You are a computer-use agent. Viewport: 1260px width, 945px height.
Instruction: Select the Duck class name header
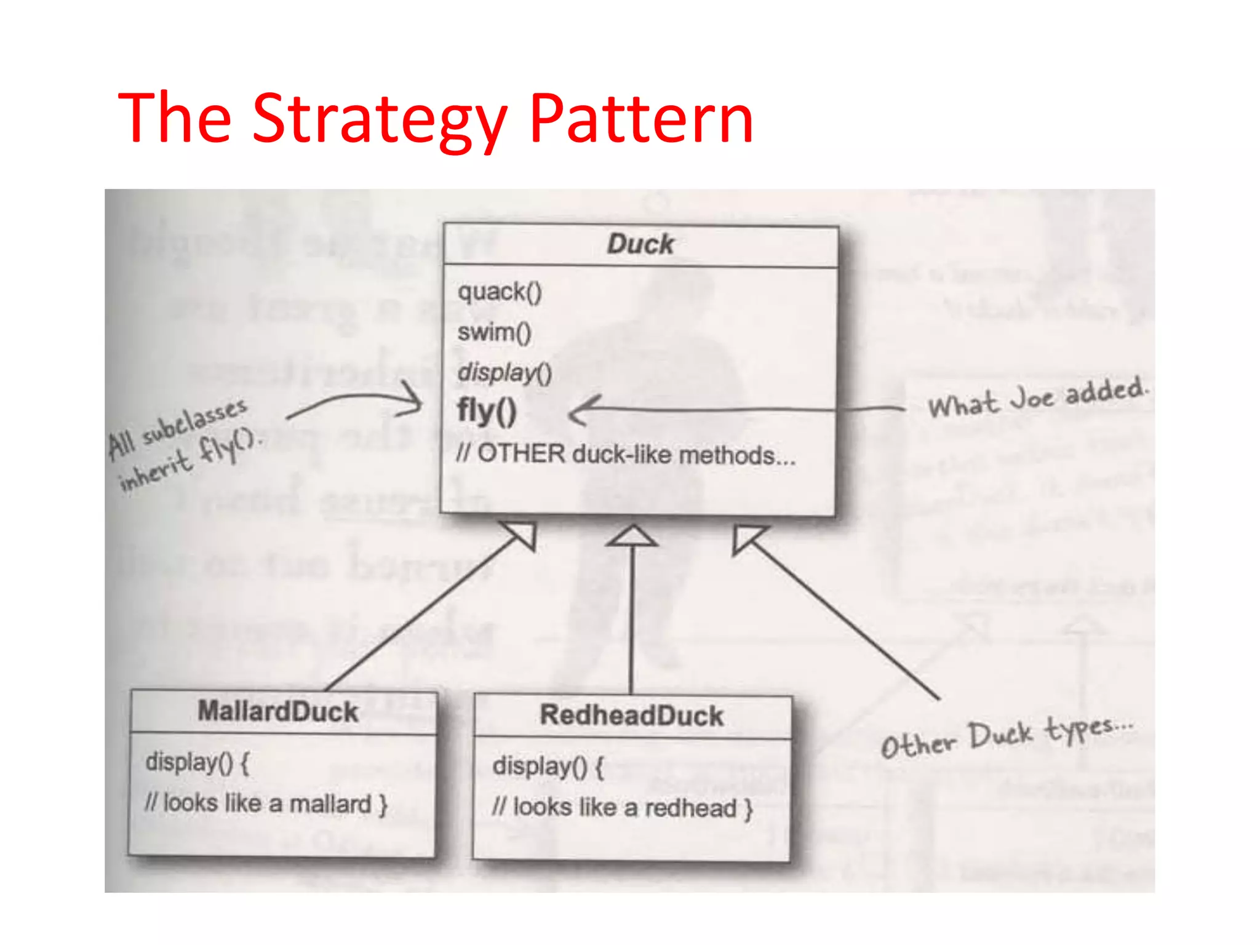640,244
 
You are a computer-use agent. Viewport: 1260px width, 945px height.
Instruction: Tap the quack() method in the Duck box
500,292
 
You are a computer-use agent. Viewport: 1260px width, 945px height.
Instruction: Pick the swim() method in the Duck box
494,333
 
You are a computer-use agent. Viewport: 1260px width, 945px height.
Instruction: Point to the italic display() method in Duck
504,373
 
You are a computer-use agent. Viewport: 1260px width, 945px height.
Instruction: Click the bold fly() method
487,411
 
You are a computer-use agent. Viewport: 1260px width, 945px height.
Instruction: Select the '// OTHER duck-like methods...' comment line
625,455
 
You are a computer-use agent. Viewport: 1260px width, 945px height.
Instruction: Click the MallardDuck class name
278,712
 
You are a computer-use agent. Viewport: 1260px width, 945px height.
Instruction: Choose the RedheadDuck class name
631,716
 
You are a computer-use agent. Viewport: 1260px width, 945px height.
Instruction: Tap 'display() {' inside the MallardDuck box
197,763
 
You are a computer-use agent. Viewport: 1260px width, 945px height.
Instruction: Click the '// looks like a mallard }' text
266,803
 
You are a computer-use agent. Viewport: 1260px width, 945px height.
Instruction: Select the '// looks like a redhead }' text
621,808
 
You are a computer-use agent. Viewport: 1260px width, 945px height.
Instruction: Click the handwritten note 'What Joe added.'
1037,399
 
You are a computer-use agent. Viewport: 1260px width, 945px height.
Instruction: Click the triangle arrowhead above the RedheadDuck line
631,536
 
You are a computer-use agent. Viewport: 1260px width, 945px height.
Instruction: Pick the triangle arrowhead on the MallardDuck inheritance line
522,534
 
